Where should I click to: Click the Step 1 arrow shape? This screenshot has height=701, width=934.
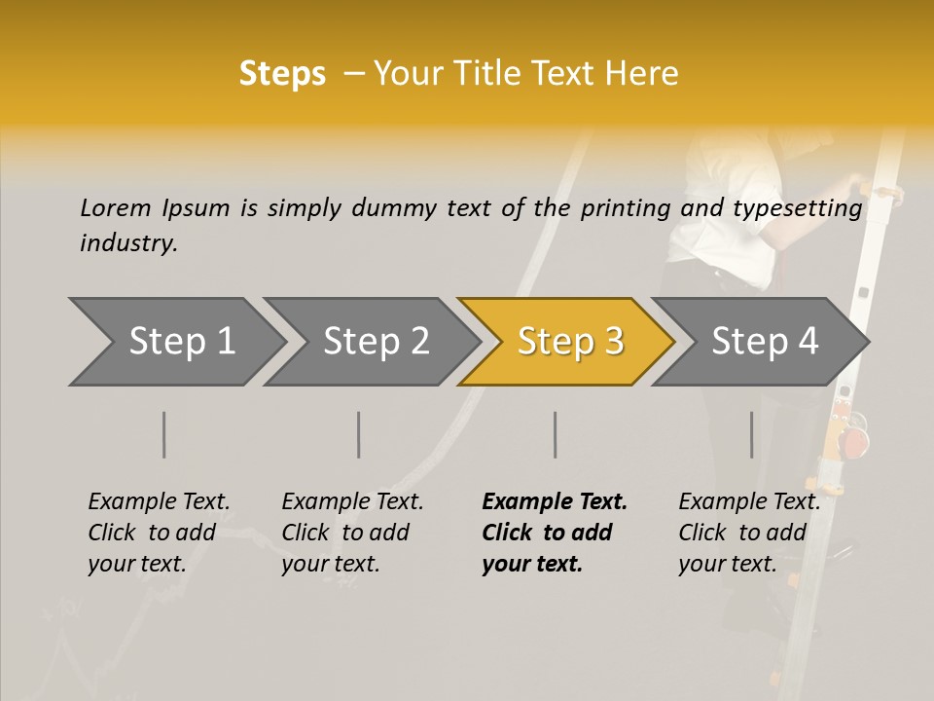180,342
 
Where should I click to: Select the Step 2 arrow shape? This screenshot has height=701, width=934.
375,342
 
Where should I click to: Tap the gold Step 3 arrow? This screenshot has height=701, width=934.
569,342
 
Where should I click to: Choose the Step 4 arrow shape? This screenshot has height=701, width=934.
764,342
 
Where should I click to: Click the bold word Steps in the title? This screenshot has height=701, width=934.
282,74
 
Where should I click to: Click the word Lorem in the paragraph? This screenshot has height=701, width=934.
115,207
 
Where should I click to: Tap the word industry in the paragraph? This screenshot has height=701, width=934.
127,243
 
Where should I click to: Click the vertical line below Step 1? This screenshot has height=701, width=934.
164,434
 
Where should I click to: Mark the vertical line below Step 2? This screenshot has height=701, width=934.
359,434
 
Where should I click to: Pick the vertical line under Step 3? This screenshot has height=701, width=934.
556,434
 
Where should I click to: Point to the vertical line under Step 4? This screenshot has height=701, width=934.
752,434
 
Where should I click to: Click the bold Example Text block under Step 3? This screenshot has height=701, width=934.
553,533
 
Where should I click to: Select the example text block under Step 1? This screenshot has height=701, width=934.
158,533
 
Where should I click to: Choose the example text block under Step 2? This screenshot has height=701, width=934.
351,533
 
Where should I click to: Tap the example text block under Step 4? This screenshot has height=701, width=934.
748,533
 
